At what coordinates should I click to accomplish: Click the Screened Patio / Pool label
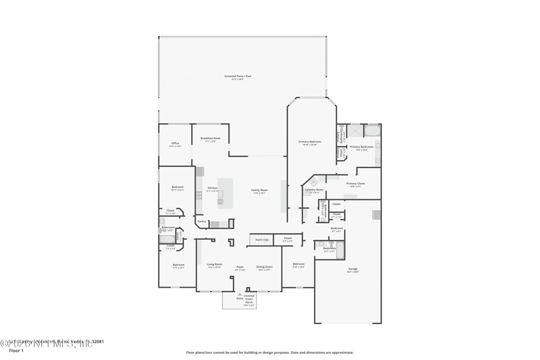pyautogui.click(x=238, y=76)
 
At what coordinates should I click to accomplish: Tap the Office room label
pyautogui.click(x=175, y=143)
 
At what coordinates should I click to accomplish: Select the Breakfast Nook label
pyautogui.click(x=210, y=138)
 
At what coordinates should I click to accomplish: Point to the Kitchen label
pyautogui.click(x=212, y=188)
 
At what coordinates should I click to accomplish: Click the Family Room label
pyautogui.click(x=260, y=190)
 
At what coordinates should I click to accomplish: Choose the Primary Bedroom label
pyautogui.click(x=309, y=142)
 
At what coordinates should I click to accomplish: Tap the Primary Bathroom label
pyautogui.click(x=361, y=147)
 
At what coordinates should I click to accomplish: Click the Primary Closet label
pyautogui.click(x=356, y=184)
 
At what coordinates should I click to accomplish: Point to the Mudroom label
pyautogui.click(x=337, y=228)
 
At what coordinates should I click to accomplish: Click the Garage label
pyautogui.click(x=353, y=269)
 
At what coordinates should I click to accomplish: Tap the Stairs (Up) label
pyautogui.click(x=262, y=239)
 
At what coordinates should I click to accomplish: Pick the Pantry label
pyautogui.click(x=202, y=221)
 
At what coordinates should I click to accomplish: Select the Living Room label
pyautogui.click(x=215, y=265)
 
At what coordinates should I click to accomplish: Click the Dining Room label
pyautogui.click(x=265, y=267)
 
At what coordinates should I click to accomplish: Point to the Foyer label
pyautogui.click(x=240, y=267)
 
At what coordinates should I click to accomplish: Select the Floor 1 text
pyautogui.click(x=16, y=351)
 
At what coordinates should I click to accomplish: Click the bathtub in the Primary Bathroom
pyautogui.click(x=373, y=130)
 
